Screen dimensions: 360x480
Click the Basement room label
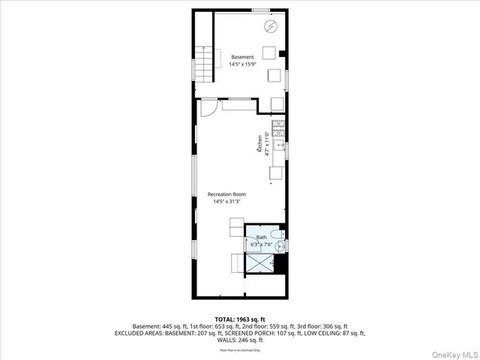coord(242,57)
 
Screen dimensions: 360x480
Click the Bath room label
coord(261,237)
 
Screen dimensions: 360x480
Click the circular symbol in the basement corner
coord(270,28)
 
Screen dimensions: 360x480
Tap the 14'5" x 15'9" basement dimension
coord(242,64)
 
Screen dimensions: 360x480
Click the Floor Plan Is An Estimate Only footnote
coord(239,350)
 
